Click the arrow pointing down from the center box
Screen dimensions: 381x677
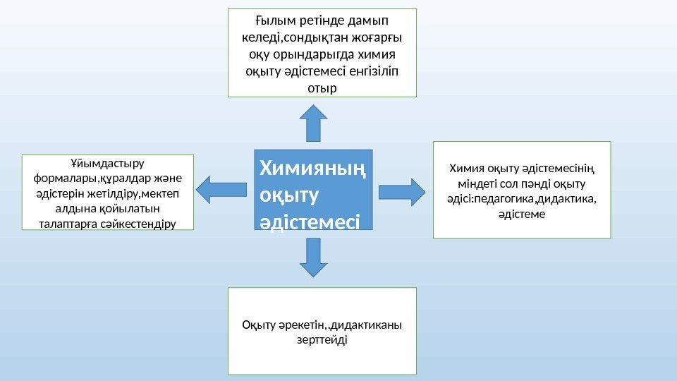(x=314, y=257)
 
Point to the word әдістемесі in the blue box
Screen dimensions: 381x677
(x=310, y=223)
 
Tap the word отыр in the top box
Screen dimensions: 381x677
(x=323, y=88)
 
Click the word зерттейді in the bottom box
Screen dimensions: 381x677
(x=324, y=340)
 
